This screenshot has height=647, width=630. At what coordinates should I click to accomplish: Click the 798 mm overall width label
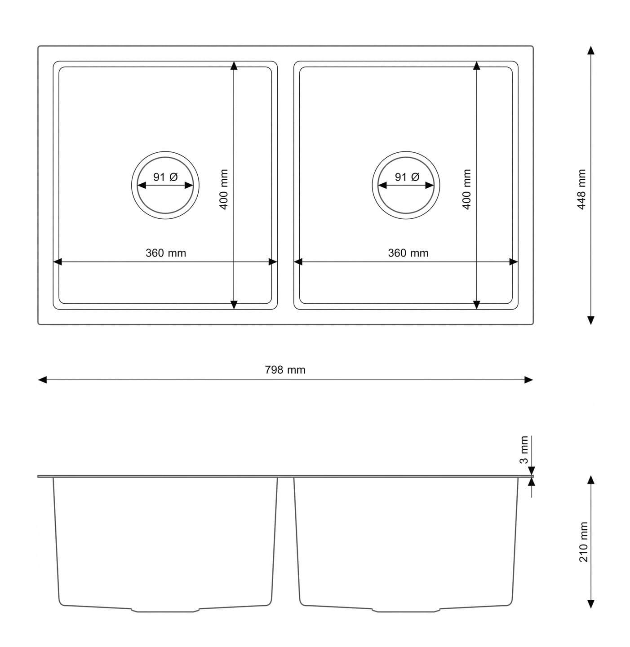point(285,370)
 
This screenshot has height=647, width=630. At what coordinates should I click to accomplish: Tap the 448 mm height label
point(581,189)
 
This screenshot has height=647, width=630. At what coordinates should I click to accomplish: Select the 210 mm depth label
point(584,542)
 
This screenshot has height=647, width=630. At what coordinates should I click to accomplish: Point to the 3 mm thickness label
point(524,449)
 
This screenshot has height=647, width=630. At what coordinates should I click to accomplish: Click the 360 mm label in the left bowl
point(165,253)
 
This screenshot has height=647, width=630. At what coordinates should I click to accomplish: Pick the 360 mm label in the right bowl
point(408,253)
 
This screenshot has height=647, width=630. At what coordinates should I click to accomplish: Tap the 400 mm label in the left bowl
point(224,189)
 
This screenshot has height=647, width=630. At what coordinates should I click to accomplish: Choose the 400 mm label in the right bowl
point(467,189)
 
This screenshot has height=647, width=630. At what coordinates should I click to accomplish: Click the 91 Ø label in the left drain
point(165,177)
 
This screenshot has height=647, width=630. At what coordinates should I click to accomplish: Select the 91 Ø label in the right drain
point(407,177)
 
